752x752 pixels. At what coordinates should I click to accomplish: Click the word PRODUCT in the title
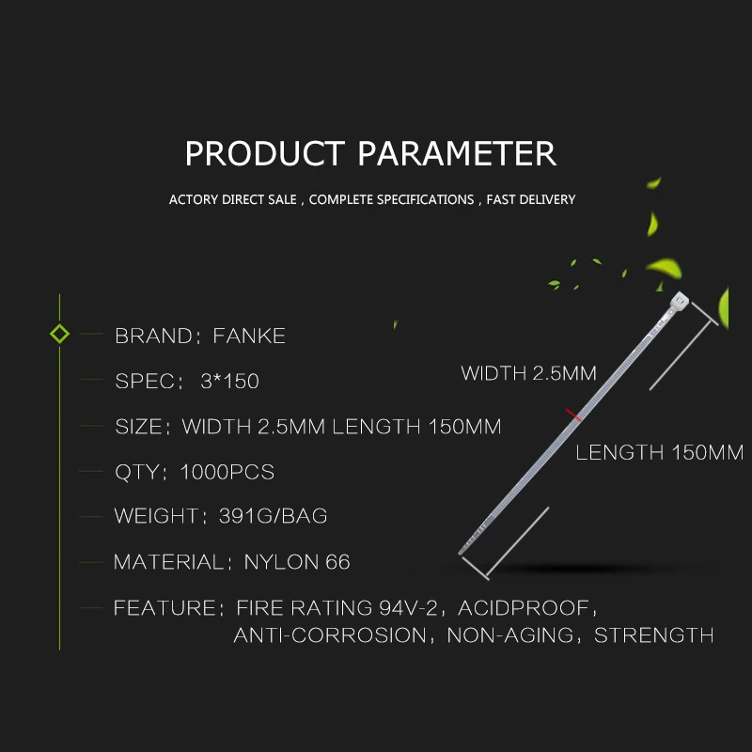[265, 153]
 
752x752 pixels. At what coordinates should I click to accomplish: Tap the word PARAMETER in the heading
[457, 153]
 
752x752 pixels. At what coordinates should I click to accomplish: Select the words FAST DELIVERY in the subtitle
[531, 199]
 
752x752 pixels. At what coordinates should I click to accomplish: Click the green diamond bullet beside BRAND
[59, 334]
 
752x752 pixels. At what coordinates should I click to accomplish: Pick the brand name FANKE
[249, 336]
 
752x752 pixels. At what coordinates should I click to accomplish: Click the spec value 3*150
[229, 382]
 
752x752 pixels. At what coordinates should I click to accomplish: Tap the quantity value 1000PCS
[227, 472]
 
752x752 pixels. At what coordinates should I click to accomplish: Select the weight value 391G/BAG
[273, 516]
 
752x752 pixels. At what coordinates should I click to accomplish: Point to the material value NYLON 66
[297, 562]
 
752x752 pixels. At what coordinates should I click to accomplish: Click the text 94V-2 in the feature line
[408, 607]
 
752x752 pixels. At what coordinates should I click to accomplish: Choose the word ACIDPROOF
[524, 607]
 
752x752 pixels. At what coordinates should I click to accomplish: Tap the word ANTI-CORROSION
[330, 635]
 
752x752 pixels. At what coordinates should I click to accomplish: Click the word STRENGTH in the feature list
[653, 635]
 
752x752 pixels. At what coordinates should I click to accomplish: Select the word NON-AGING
[509, 635]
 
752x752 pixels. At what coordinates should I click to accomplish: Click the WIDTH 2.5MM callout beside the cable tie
[528, 373]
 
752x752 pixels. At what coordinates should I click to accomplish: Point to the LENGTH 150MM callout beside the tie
[660, 452]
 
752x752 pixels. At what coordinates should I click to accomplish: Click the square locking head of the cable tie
[679, 301]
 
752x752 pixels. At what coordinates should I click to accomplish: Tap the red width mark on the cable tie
[573, 415]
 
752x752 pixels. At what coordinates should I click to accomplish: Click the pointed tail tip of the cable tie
[461, 553]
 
